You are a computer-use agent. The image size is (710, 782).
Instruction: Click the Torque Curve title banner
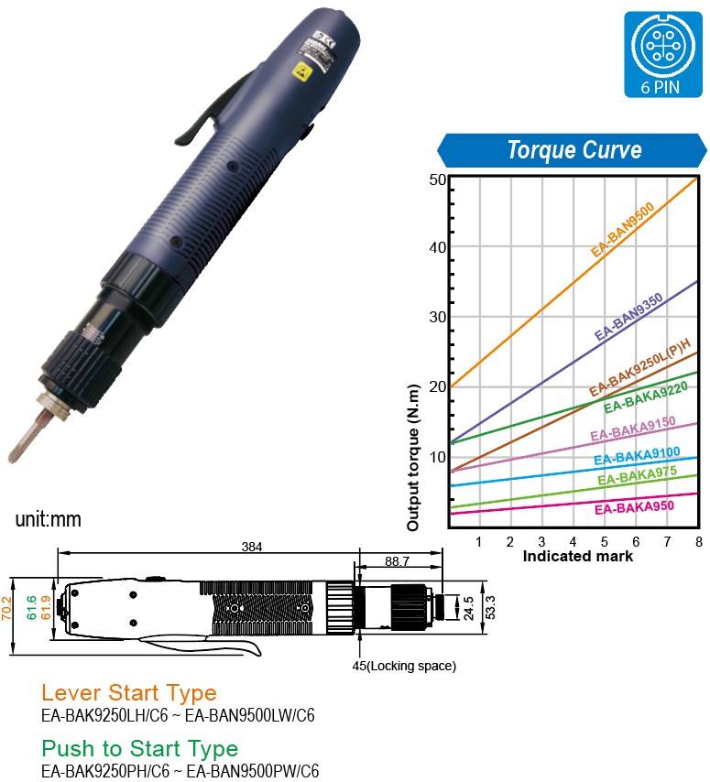coord(574,149)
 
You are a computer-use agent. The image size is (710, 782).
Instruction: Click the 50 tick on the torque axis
coord(437,179)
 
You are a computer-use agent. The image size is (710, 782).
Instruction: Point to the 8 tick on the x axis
coord(698,542)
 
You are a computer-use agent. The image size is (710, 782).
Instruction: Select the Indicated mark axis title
coord(577,556)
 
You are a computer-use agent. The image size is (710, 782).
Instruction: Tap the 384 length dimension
coord(252,547)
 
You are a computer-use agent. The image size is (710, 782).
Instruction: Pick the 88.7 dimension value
coord(397,560)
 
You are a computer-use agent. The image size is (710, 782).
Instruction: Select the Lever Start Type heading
coord(129,692)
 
